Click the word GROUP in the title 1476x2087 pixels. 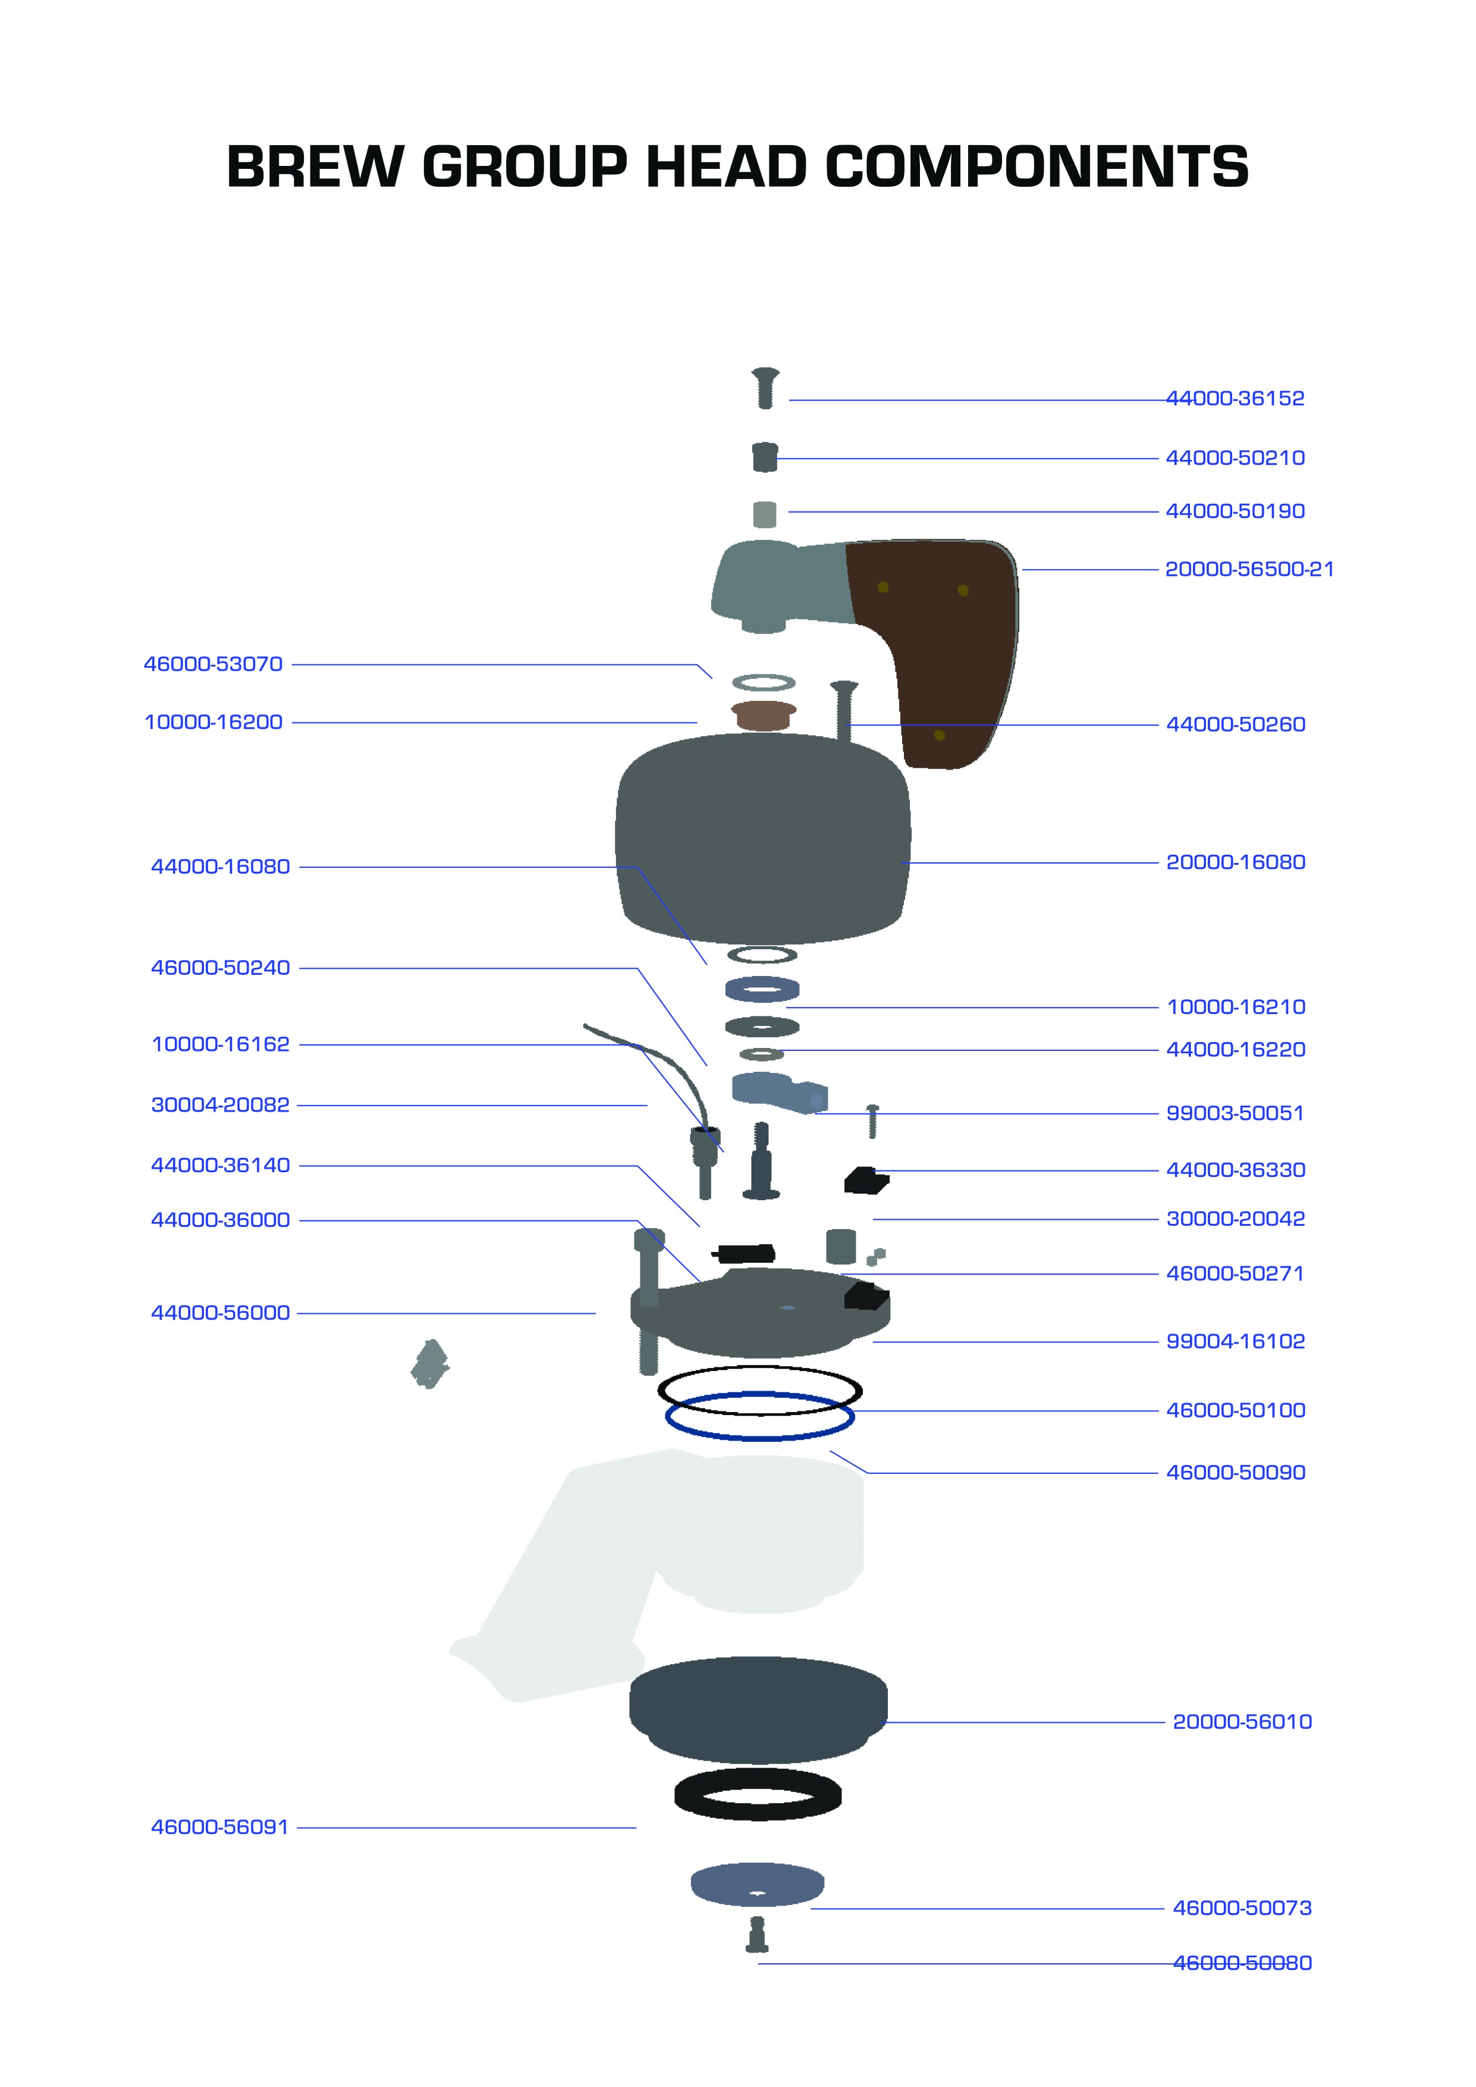525,168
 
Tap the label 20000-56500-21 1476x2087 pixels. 1249,569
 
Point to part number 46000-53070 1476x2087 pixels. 213,664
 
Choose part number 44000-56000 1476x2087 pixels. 220,1313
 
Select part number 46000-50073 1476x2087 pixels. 1242,1908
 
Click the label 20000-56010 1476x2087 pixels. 1242,1722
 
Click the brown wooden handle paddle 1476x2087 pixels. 945,636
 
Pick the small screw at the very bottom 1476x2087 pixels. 757,1934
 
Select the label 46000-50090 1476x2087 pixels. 1235,1473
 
